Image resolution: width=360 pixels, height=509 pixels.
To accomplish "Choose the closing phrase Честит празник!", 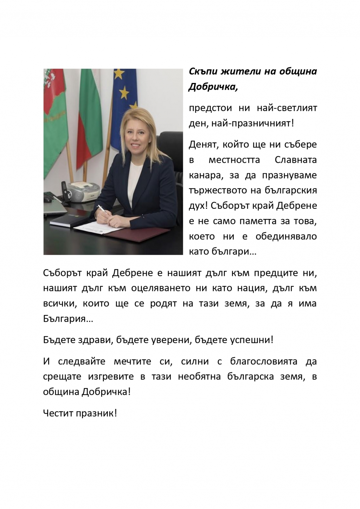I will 80,413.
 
